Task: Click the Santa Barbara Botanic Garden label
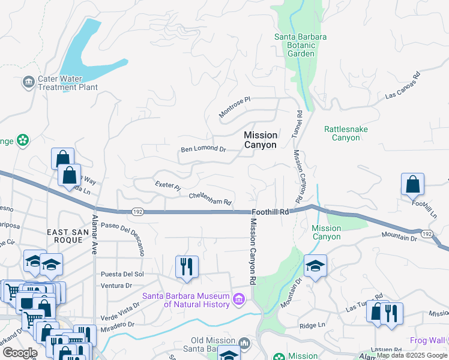(301, 45)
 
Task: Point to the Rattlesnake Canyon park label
(346, 133)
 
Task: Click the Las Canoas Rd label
(402, 88)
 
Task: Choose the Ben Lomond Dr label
(203, 149)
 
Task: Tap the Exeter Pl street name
(167, 186)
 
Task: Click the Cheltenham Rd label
(210, 199)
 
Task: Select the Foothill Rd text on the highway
(271, 212)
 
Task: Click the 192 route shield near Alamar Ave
(137, 211)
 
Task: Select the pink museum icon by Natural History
(239, 298)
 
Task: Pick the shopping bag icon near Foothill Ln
(413, 185)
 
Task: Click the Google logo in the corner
(19, 353)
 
